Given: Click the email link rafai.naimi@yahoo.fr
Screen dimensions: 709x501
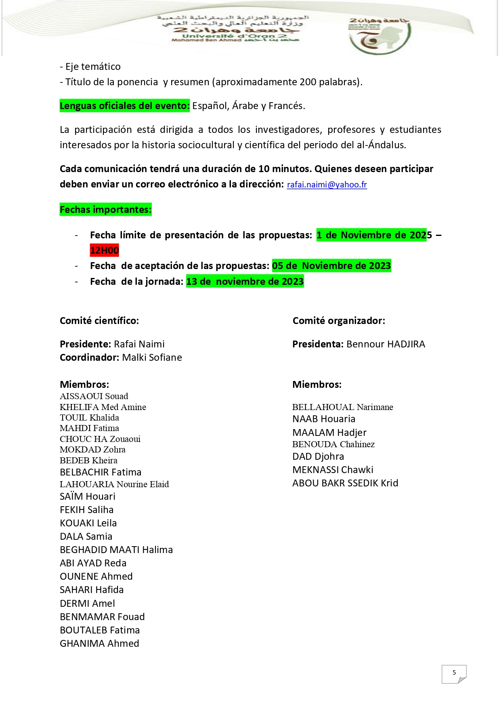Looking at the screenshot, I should [x=327, y=185].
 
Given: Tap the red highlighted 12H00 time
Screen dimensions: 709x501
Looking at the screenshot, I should [x=104, y=250].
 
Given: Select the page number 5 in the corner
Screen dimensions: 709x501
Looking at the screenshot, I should [x=454, y=673].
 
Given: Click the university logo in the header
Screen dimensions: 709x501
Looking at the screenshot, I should [x=379, y=36].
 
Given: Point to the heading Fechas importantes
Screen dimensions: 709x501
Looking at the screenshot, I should [x=105, y=210].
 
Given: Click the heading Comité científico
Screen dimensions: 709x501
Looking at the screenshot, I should [x=99, y=321].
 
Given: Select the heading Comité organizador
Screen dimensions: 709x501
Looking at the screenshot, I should [x=339, y=321].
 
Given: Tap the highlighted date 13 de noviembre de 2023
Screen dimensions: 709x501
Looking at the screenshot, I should [x=245, y=282].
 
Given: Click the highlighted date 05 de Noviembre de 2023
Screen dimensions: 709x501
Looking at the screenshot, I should [x=331, y=266].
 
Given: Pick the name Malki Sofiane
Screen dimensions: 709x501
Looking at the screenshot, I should [x=152, y=358].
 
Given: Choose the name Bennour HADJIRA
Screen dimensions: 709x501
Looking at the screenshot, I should [x=386, y=344].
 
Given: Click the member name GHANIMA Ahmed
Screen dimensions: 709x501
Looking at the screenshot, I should [x=99, y=644].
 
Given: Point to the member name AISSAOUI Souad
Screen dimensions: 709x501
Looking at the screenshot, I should [x=94, y=396].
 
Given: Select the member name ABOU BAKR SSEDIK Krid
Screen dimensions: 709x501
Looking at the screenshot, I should [x=345, y=483].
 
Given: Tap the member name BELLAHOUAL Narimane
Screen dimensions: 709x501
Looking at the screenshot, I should [x=343, y=407].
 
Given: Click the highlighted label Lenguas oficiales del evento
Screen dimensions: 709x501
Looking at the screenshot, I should [x=124, y=106].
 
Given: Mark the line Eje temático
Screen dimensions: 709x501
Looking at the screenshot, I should [x=90, y=67].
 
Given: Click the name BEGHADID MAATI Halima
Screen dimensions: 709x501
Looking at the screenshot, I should [x=116, y=550].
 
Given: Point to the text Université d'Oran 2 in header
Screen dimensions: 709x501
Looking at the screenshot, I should [x=234, y=36].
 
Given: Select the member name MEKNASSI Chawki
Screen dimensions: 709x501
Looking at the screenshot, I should [x=333, y=470].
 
